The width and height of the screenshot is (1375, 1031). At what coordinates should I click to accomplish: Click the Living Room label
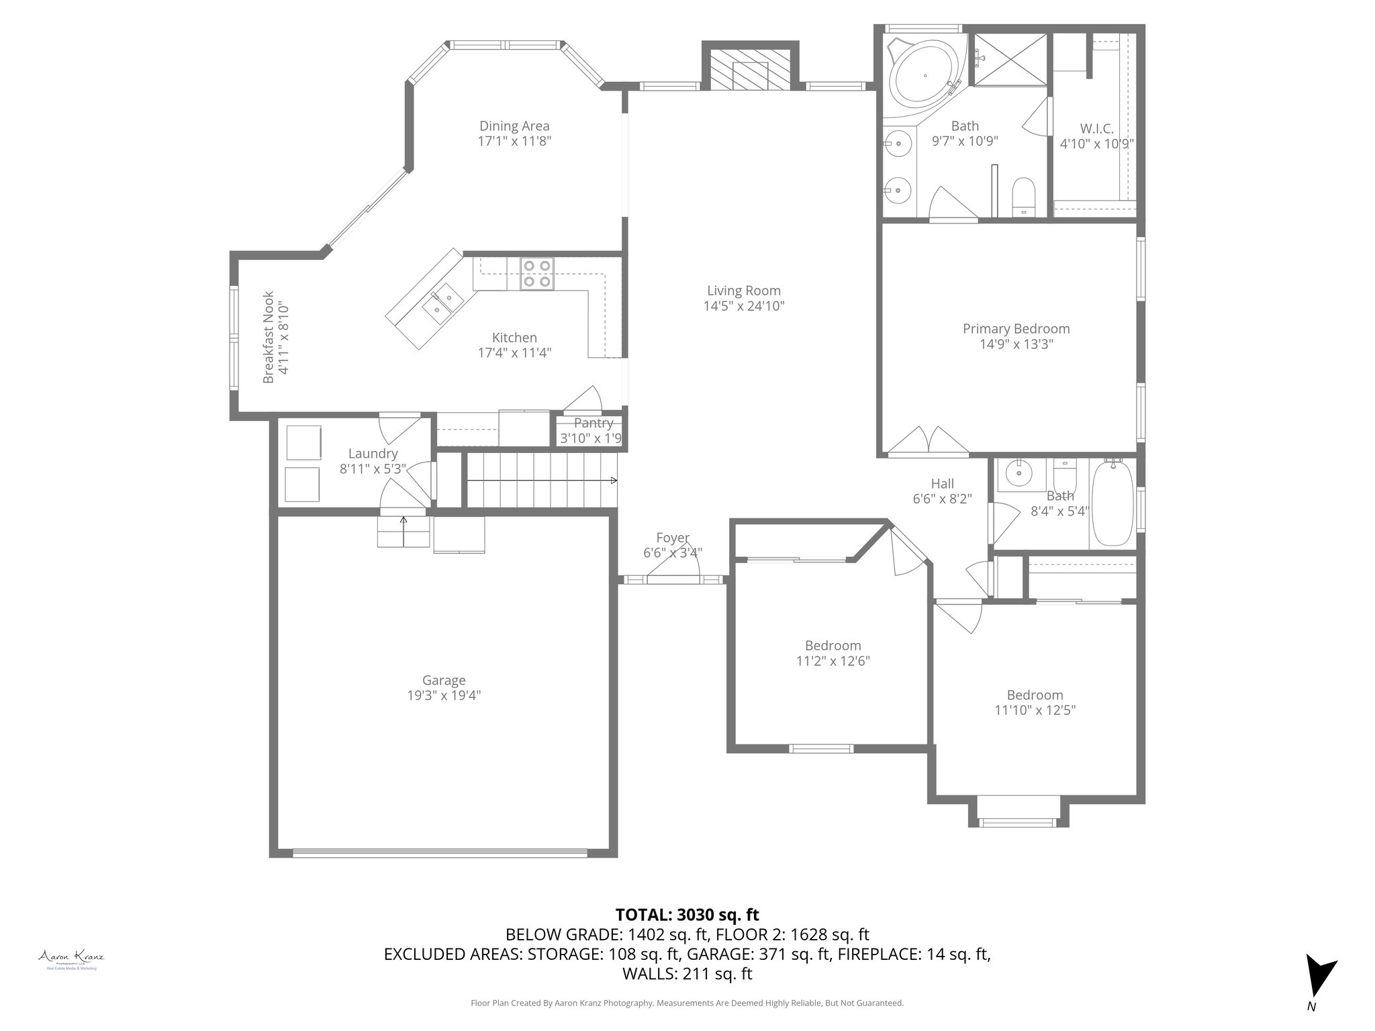743,291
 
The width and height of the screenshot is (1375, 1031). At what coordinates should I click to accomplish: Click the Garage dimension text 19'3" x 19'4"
444,695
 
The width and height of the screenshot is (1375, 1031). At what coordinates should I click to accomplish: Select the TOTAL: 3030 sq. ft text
687,914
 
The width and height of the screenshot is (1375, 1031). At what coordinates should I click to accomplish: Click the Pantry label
594,423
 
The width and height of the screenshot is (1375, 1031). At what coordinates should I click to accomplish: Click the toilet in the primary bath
1024,197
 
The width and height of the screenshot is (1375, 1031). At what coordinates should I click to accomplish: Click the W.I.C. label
1096,128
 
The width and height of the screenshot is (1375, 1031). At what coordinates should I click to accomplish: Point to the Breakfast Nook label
269,337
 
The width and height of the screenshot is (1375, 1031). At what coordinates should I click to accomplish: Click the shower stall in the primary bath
1010,60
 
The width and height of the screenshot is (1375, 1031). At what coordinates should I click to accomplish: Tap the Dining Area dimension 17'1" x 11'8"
514,141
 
